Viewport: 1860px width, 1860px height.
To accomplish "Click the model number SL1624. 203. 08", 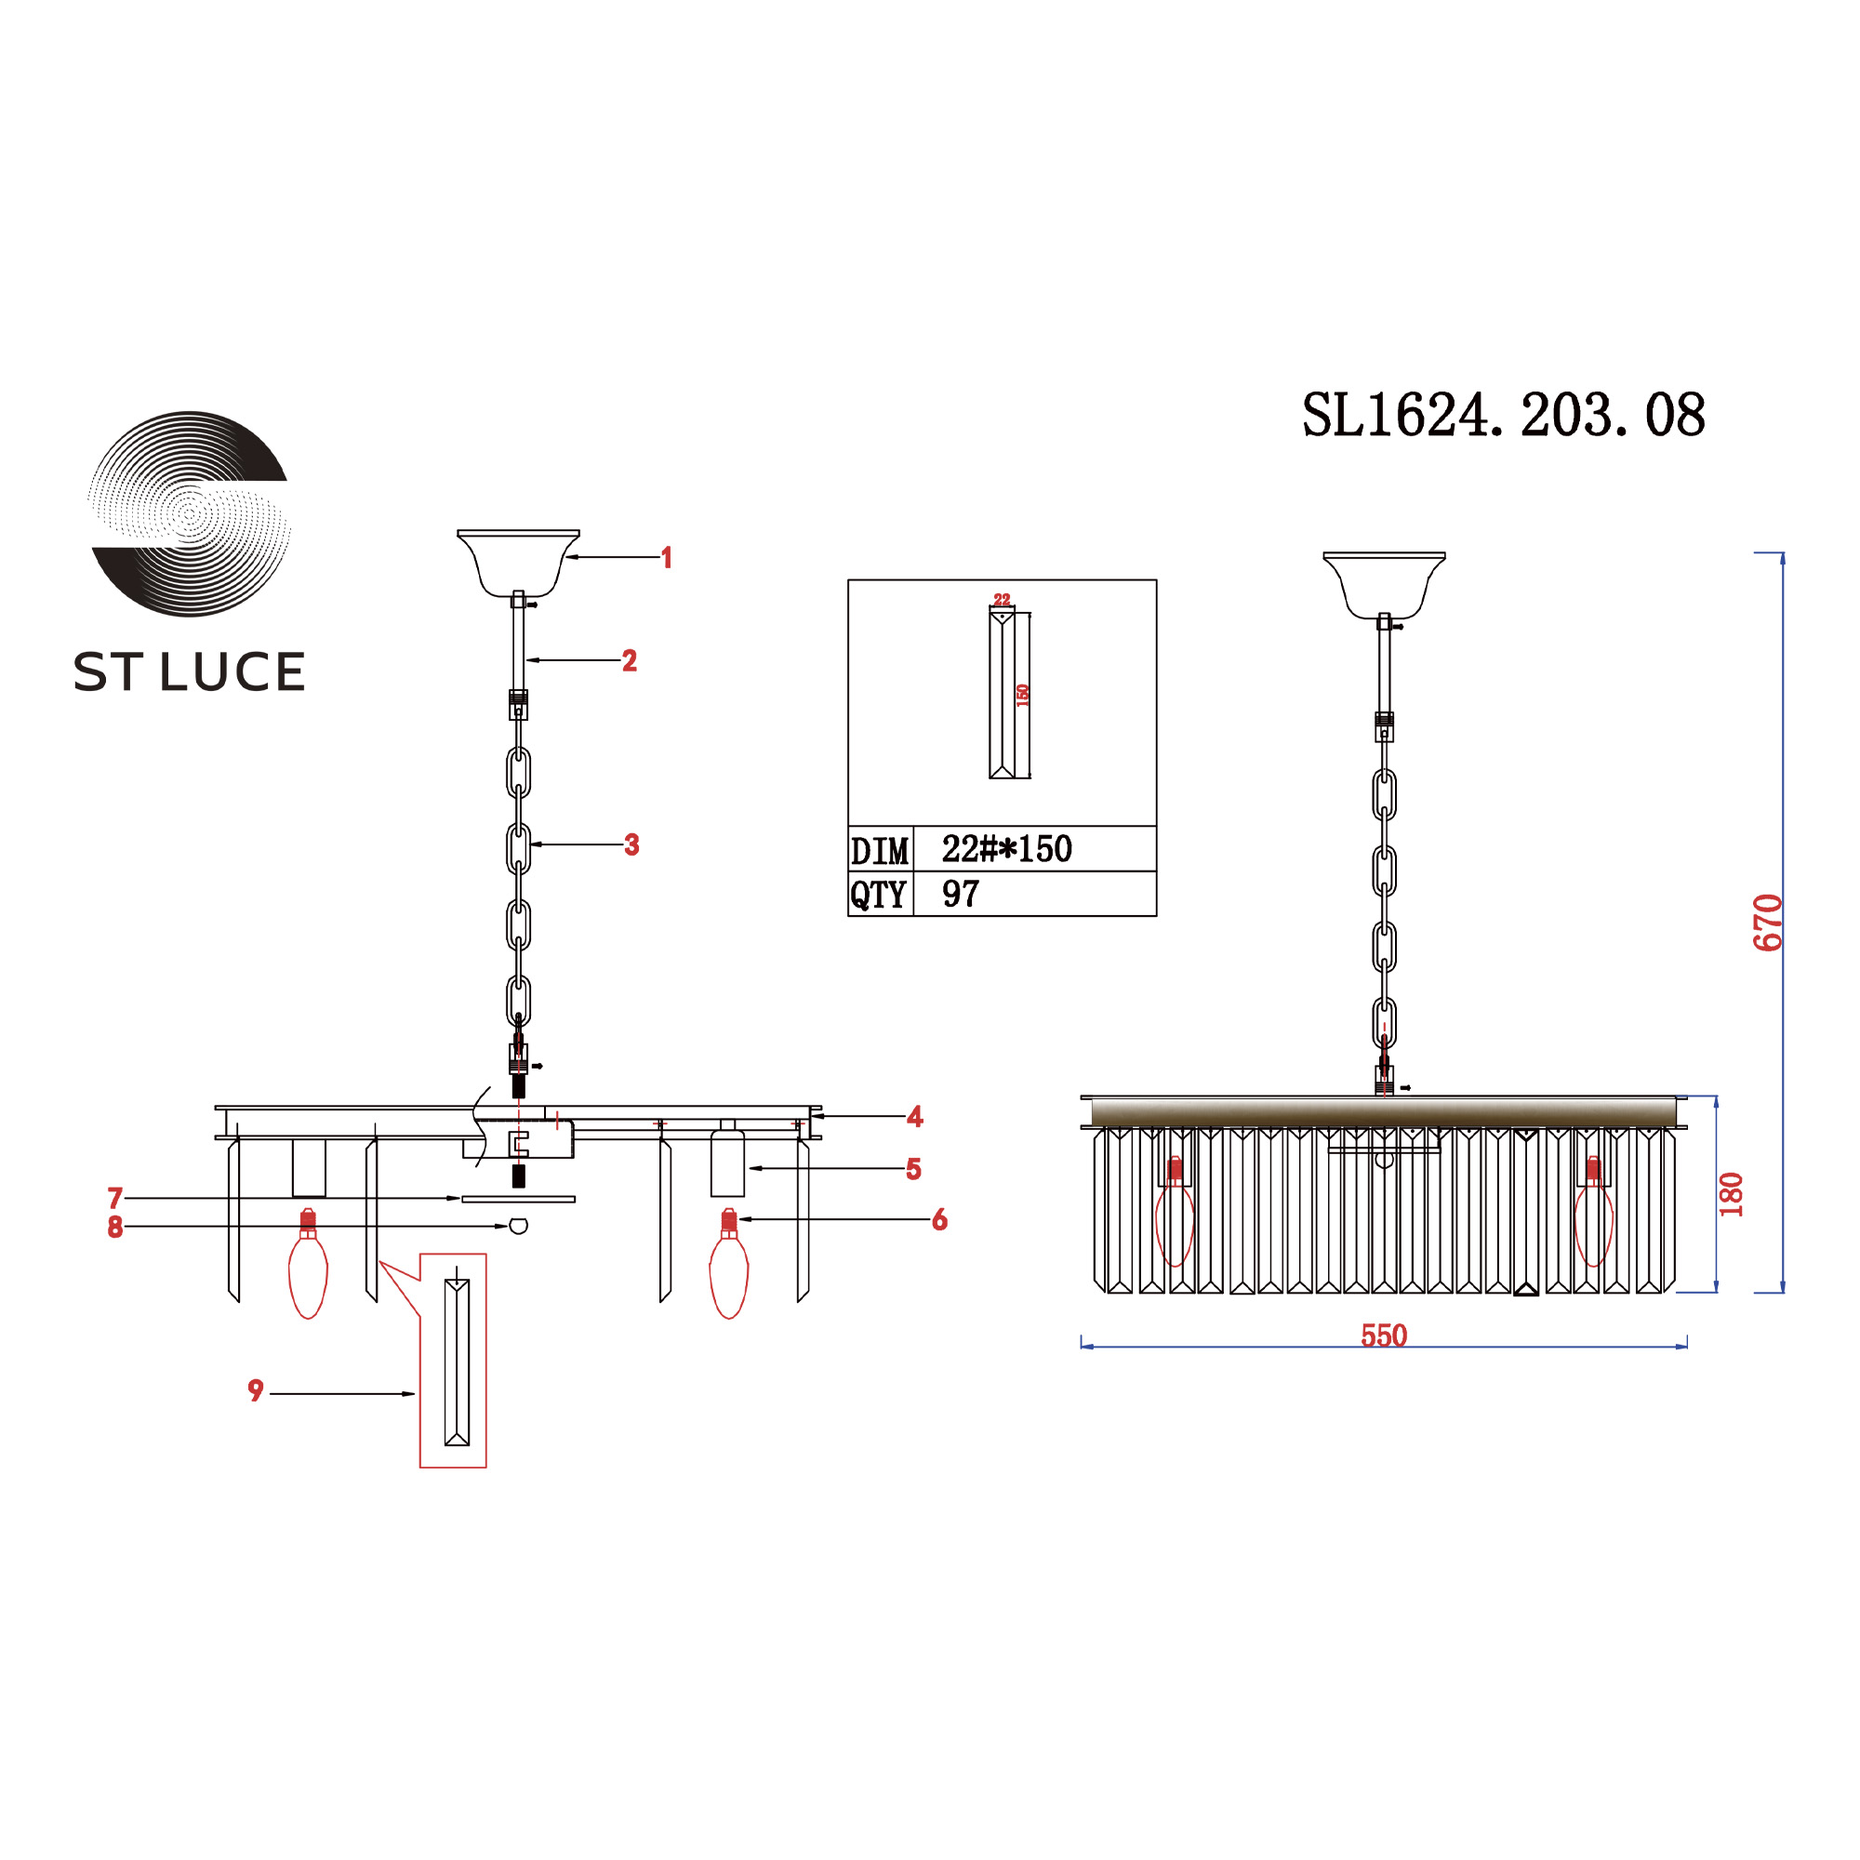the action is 1504,416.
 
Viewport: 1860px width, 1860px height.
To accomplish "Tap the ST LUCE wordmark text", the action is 190,671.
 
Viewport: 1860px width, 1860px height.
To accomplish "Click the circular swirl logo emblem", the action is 190,513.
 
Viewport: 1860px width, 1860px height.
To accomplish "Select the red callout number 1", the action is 666,557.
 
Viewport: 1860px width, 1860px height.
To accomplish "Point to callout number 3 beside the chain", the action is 631,844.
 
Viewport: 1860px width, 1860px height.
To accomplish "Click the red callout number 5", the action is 913,1169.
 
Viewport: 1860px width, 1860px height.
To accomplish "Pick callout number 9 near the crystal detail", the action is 255,1390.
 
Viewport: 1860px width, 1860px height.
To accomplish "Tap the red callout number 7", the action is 115,1199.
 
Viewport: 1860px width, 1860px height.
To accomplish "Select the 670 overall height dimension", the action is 1769,923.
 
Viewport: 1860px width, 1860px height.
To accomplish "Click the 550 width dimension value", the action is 1384,1335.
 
